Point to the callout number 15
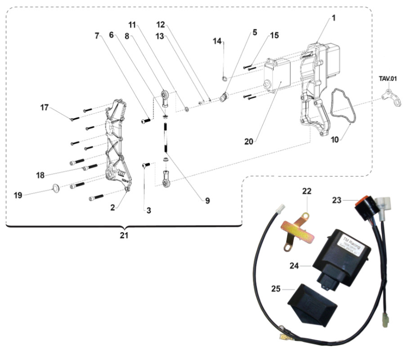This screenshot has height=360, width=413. [x=274, y=35]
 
